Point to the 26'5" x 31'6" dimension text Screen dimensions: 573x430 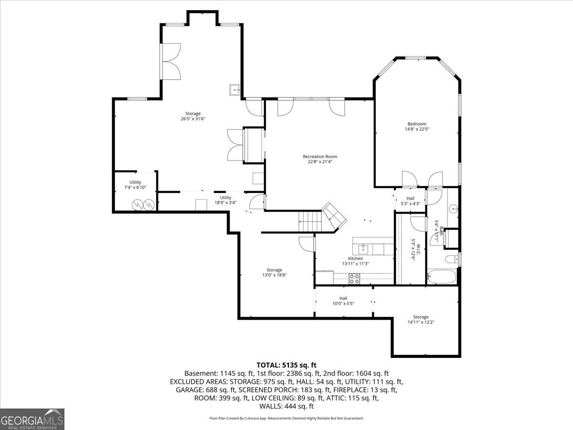[193, 119]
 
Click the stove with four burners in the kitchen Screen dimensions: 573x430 [354, 279]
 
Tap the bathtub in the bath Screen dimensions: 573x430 [441, 277]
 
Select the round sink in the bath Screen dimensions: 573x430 [454, 209]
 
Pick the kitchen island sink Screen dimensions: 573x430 [363, 249]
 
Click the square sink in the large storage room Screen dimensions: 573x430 [235, 90]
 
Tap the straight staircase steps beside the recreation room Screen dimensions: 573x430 [310, 221]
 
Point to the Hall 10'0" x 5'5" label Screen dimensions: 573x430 [343, 301]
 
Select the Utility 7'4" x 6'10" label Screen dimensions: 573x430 [135, 185]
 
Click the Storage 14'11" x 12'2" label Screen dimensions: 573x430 [421, 320]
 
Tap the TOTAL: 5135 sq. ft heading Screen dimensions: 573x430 [286, 365]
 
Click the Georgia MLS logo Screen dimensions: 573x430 [32, 419]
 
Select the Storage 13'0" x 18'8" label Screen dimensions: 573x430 [275, 272]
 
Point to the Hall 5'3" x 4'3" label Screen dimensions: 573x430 [410, 201]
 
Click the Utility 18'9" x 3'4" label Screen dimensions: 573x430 [225, 200]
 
